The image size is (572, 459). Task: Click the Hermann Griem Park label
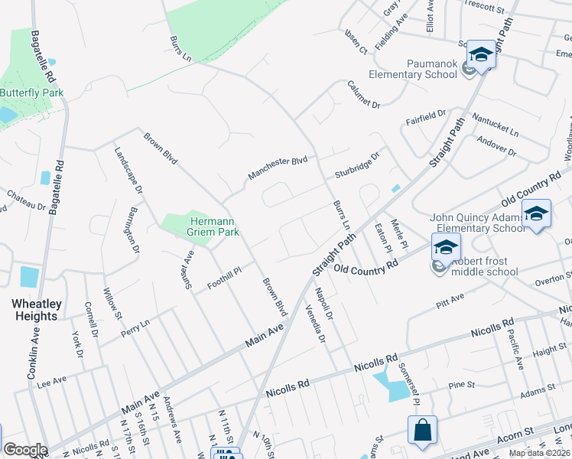coord(214,226)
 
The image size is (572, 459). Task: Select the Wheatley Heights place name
coord(37,310)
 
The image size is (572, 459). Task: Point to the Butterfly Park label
coord(31,93)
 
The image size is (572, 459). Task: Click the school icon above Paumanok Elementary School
coord(481,55)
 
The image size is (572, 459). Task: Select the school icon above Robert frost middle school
coord(446,248)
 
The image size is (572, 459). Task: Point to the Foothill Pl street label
coord(224,279)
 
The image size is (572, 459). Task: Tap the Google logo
coord(24,450)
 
